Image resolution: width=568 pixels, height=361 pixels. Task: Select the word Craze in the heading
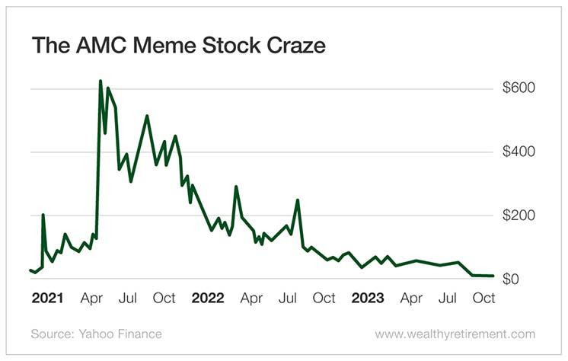pos(292,46)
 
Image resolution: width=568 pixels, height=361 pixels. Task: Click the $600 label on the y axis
pos(519,88)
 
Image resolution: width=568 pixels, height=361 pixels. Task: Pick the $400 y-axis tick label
pos(519,152)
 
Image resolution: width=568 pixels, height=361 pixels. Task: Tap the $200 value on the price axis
pos(519,216)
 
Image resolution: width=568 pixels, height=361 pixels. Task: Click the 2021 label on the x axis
pos(47,298)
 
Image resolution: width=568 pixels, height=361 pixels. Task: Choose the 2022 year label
pos(208,298)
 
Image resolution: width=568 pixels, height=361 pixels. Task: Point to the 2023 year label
pos(368,298)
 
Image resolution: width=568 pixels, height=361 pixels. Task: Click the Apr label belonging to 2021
pos(92,298)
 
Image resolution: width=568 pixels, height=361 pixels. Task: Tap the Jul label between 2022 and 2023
pos(289,298)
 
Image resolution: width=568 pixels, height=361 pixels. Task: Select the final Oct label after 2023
pos(484,298)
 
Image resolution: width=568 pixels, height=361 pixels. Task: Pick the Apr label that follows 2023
pos(412,298)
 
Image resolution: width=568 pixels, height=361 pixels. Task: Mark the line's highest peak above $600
pos(101,81)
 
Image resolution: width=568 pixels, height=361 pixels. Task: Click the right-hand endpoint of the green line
pos(493,276)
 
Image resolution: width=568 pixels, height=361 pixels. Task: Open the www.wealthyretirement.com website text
pos(455,334)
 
